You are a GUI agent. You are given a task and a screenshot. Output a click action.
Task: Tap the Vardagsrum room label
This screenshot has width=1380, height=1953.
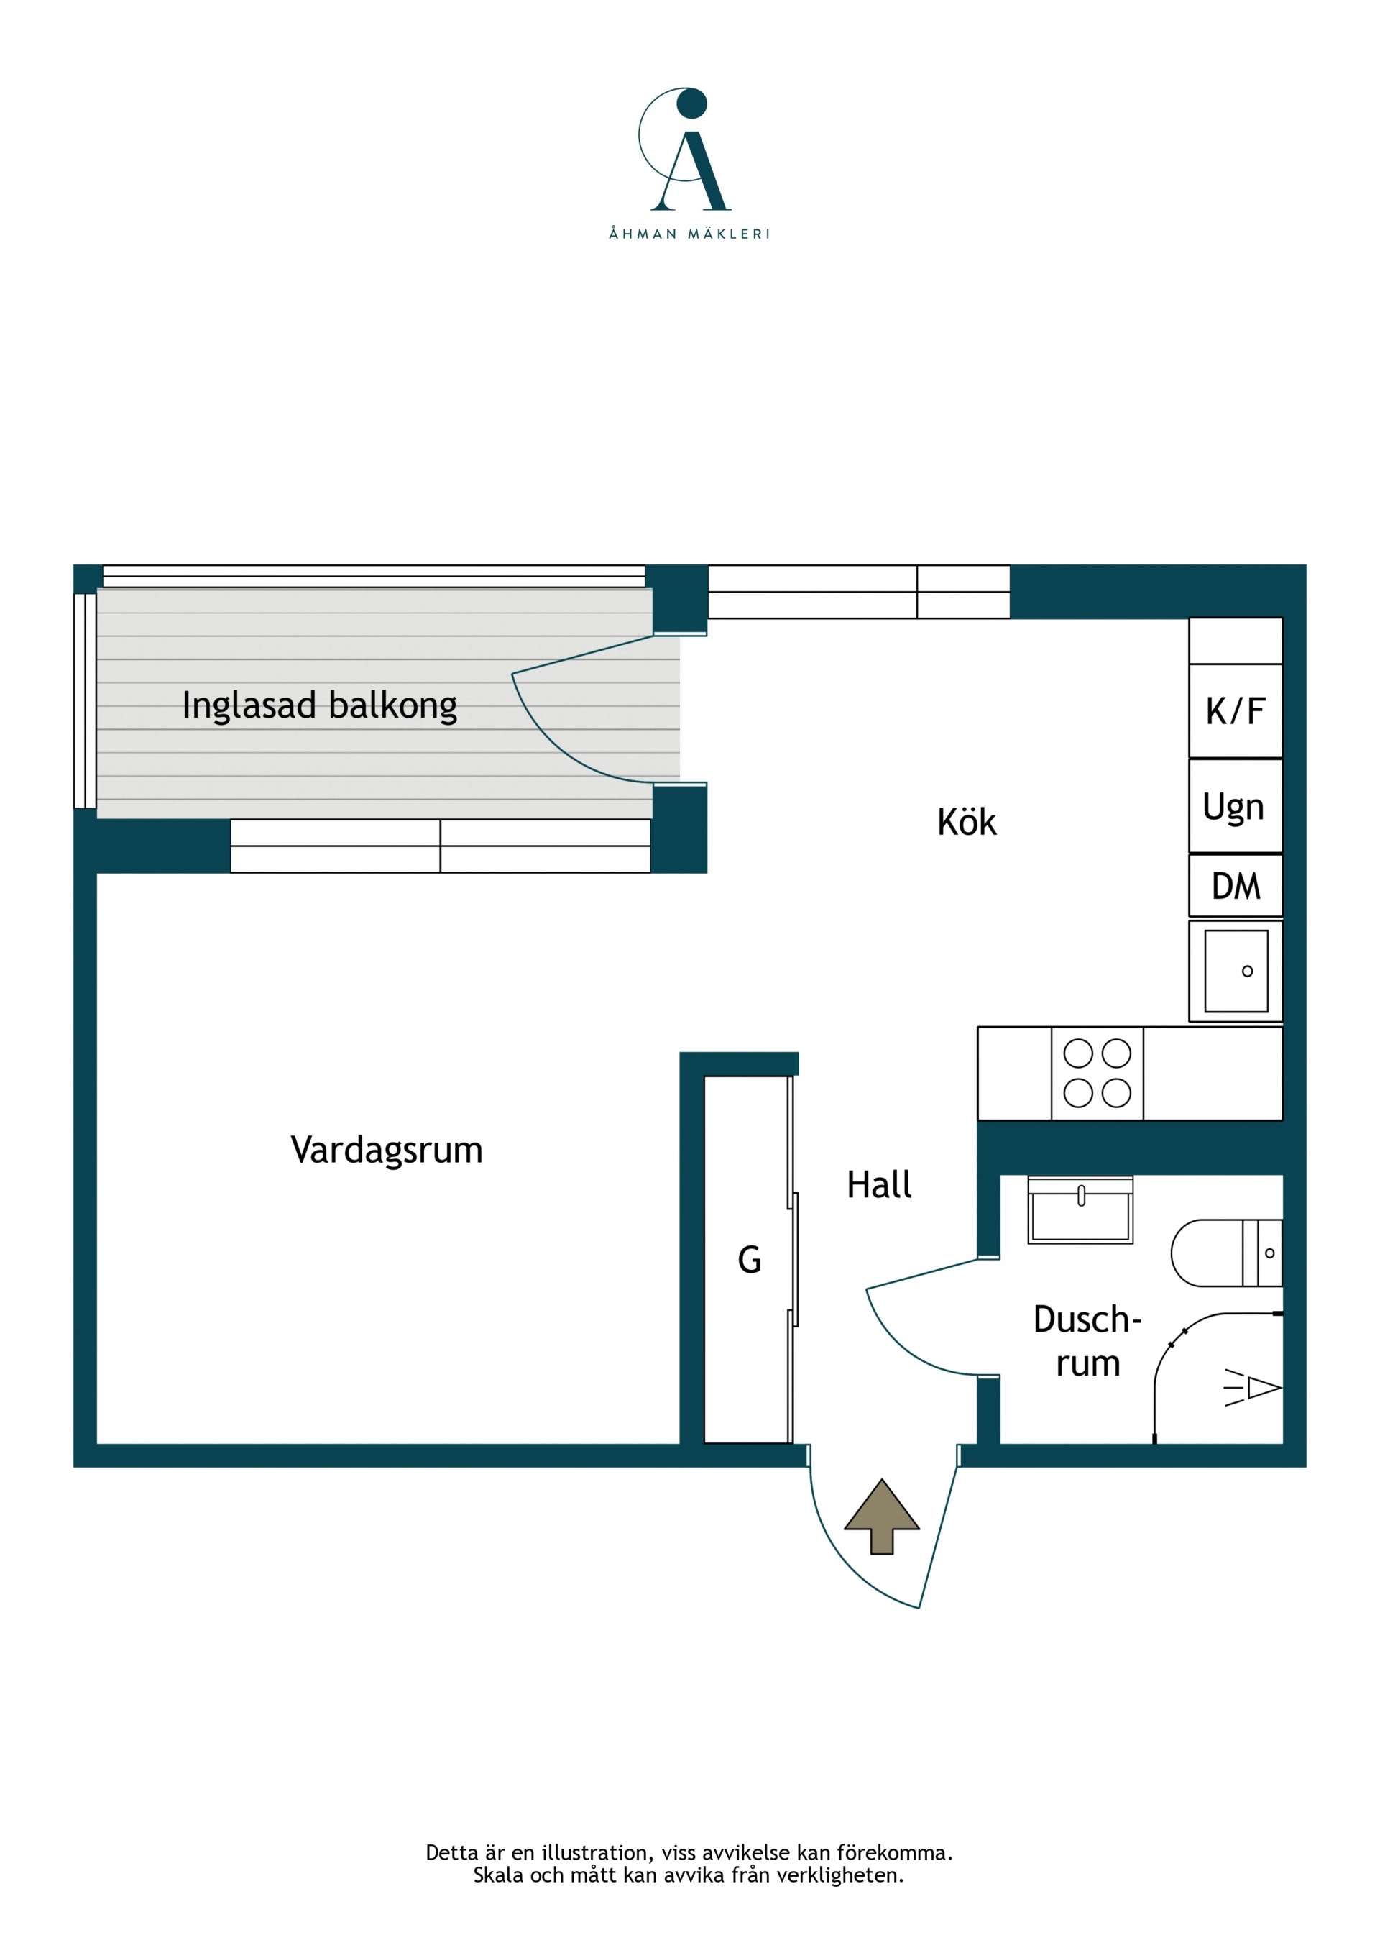click(x=387, y=1150)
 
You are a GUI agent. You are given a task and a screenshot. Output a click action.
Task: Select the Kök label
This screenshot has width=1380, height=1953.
click(x=967, y=823)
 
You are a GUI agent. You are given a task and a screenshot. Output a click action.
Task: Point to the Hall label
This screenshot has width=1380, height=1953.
click(x=879, y=1185)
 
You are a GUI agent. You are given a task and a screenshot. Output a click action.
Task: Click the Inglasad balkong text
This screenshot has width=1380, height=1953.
click(x=320, y=706)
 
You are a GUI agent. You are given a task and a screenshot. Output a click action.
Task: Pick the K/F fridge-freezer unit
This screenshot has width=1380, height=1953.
click(x=1236, y=711)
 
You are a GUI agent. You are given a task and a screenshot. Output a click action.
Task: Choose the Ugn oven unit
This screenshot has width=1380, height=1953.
click(x=1236, y=806)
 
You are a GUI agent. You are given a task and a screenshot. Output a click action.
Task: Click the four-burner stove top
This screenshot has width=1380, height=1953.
click(x=1098, y=1074)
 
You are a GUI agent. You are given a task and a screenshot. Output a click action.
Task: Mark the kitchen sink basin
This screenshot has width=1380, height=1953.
click(x=1236, y=971)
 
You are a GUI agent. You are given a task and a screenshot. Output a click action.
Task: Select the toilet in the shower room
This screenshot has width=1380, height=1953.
click(x=1226, y=1253)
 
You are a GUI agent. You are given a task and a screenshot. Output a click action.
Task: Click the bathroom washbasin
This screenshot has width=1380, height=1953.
click(x=1081, y=1209)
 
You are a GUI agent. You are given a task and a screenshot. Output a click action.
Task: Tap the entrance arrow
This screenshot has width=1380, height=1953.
click(x=882, y=1517)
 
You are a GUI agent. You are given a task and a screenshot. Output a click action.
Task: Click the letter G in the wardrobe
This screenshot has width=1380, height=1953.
click(x=749, y=1260)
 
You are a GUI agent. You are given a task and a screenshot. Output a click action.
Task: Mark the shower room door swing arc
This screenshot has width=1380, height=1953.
click(x=907, y=1343)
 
